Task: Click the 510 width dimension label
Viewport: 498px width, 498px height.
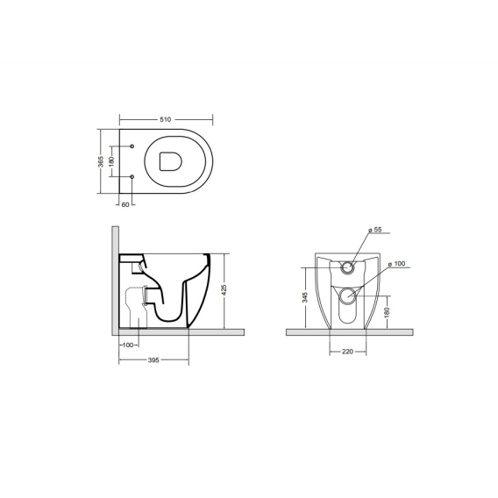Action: coord(165,119)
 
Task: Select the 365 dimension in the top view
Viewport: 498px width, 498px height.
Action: coord(101,161)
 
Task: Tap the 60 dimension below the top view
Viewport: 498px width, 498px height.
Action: coord(125,205)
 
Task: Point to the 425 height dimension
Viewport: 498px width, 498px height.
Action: coord(224,290)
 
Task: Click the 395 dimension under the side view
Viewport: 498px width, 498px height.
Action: coord(153,360)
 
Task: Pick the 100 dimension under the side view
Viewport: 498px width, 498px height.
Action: coord(128,345)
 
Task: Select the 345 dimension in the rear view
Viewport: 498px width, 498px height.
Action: coord(305,297)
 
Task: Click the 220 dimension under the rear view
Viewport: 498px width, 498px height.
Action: coord(347,352)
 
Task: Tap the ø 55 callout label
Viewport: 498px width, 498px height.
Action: coord(375,230)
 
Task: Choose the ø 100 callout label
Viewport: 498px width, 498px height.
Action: coord(396,264)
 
